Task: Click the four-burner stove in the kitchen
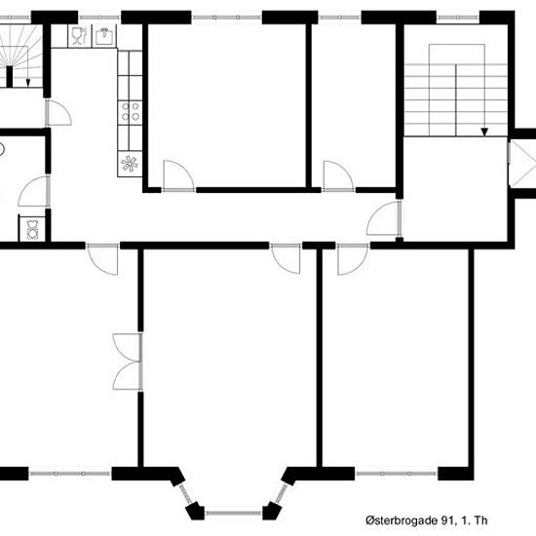pos(131,112)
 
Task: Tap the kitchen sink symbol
pos(104,36)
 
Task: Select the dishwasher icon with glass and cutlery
pos(80,35)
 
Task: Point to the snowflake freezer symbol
pos(130,164)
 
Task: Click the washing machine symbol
pos(32,229)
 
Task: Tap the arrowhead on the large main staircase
pos(484,132)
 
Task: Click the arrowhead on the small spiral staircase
pos(28,83)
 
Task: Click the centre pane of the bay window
pos(234,513)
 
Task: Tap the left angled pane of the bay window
pos(185,494)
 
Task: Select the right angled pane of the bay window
pos(282,493)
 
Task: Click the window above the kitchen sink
pos(99,18)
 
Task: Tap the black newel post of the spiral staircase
pos(10,77)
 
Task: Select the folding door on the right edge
pos(522,163)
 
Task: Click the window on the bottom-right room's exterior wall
pos(397,474)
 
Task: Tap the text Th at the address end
pos(479,520)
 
